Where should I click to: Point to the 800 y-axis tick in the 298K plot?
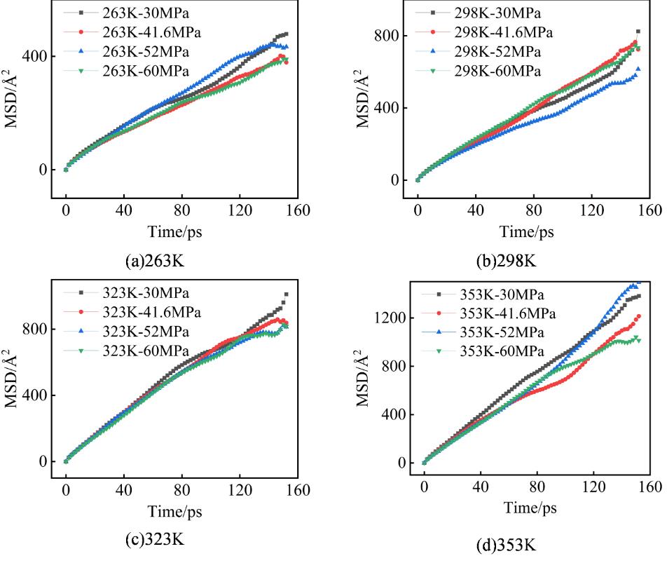click(389, 36)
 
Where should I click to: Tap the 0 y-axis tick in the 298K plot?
click(397, 180)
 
